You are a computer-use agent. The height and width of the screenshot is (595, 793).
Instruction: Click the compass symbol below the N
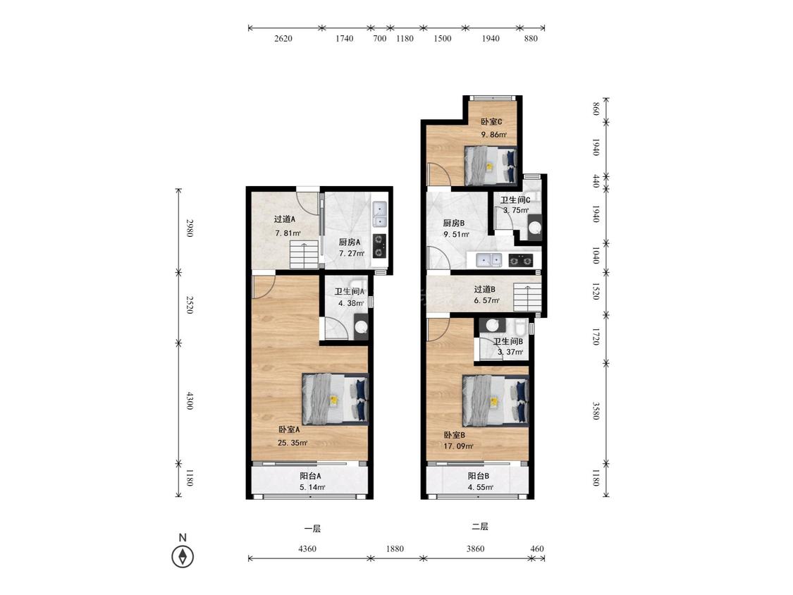pyautogui.click(x=183, y=557)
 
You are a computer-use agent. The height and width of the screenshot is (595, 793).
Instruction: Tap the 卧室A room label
pyautogui.click(x=289, y=429)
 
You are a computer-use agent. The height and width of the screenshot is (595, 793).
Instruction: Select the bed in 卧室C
pyautogui.click(x=490, y=165)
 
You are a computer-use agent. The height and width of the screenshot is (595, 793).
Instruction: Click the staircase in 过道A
pyautogui.click(x=304, y=254)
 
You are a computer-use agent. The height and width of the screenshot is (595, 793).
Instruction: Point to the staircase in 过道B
pyautogui.click(x=527, y=297)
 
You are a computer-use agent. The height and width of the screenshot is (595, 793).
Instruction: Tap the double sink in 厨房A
pyautogui.click(x=379, y=214)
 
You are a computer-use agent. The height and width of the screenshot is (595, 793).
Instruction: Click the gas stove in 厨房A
pyautogui.click(x=379, y=246)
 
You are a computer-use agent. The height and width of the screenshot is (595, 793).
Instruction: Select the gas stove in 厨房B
pyautogui.click(x=520, y=261)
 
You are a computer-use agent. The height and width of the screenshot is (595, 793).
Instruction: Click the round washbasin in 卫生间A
pyautogui.click(x=361, y=326)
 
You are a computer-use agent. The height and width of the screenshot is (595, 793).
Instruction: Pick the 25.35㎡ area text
pyautogui.click(x=293, y=443)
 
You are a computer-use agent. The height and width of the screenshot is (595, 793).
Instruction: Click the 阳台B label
pyautogui.click(x=478, y=476)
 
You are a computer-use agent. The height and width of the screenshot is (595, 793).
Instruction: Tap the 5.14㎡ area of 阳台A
pyautogui.click(x=312, y=487)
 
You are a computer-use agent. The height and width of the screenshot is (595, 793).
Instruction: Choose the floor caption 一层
pyautogui.click(x=312, y=529)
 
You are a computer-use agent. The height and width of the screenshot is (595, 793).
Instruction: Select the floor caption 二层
pyautogui.click(x=479, y=527)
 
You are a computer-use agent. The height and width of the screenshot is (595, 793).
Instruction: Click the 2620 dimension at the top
pyautogui.click(x=283, y=39)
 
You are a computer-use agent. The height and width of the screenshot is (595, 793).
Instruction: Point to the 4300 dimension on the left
pyautogui.click(x=190, y=400)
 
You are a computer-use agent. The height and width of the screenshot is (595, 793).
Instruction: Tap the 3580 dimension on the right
pyautogui.click(x=596, y=410)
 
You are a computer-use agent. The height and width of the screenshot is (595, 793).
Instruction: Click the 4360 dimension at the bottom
pyautogui.click(x=307, y=548)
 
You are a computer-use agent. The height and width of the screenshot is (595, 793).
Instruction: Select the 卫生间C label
pyautogui.click(x=515, y=200)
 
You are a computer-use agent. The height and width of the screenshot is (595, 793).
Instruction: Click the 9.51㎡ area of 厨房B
pyautogui.click(x=456, y=234)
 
